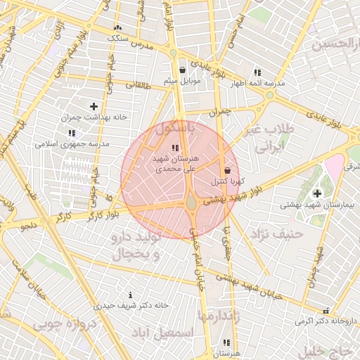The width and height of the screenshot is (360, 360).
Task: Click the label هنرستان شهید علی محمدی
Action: click(x=176, y=164)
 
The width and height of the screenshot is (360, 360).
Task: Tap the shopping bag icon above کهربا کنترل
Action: click(x=226, y=171)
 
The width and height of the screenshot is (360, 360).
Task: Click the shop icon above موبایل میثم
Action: click(x=183, y=70)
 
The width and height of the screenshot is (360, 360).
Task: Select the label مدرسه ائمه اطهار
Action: click(x=258, y=82)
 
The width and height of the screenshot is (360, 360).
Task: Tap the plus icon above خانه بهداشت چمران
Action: click(x=94, y=105)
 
